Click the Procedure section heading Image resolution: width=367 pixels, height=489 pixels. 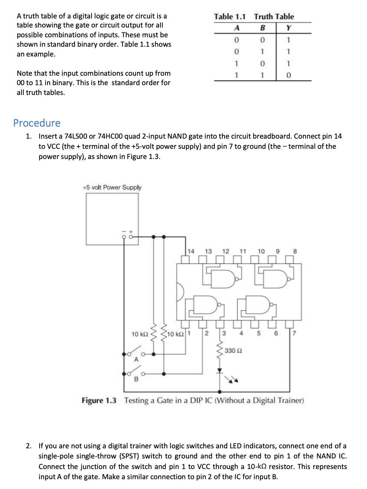click(x=37, y=123)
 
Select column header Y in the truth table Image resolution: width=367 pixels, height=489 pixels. click(x=289, y=28)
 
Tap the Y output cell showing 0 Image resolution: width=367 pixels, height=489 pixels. click(x=289, y=75)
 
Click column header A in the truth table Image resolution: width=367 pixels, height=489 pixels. click(x=237, y=28)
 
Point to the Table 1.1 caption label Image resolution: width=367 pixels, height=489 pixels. click(x=229, y=17)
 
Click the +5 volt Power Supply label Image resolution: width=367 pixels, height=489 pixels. click(x=112, y=187)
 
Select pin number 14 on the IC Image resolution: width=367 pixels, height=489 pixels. click(x=191, y=251)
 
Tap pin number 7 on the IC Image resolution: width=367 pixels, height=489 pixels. click(x=294, y=333)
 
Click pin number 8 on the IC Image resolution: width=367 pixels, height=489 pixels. click(x=295, y=251)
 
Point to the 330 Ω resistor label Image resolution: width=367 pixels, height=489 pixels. click(x=233, y=351)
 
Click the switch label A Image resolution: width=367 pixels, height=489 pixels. click(x=136, y=360)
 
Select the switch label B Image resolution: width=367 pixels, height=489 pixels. click(x=136, y=379)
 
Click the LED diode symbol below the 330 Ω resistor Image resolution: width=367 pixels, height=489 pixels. click(x=220, y=371)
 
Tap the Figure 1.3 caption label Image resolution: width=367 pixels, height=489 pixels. click(x=99, y=400)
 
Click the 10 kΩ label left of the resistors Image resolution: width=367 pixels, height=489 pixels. click(x=139, y=334)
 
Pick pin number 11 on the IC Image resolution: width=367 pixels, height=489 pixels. click(x=243, y=251)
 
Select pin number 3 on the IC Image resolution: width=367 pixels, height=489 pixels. click(x=224, y=333)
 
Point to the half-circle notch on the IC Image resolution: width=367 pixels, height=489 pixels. click(x=180, y=292)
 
